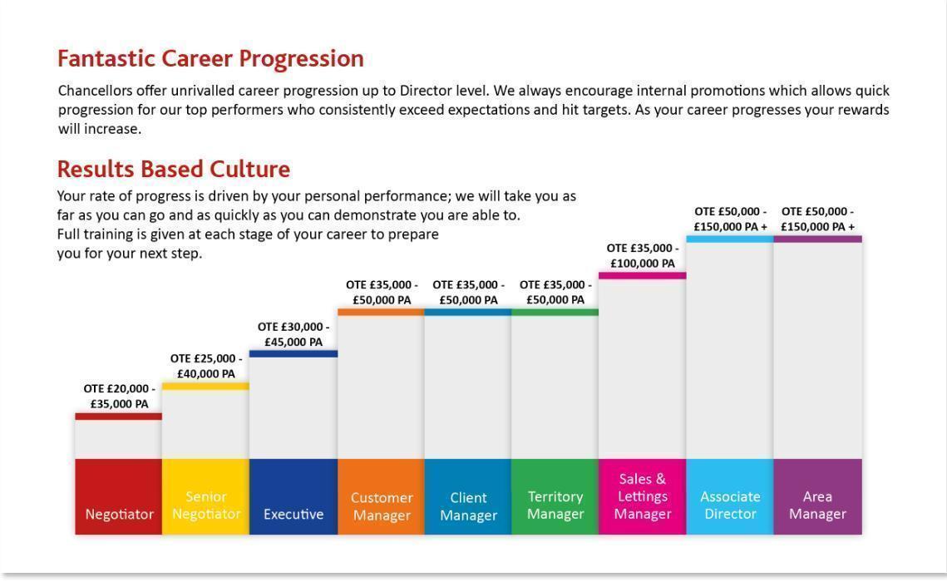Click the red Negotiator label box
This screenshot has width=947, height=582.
coord(119,496)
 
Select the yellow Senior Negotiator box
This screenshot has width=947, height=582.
coord(205,496)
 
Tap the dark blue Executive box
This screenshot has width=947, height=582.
coord(293,496)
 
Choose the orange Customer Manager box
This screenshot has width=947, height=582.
coord(382,496)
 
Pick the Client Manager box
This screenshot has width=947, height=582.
coord(468,496)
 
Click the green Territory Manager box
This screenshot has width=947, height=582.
coord(555,496)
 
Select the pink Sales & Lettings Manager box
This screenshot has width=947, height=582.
coord(643,496)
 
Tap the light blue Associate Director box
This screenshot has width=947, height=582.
coord(730,496)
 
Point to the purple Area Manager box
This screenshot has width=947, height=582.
coord(817,496)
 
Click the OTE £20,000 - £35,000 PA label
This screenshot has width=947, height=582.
coord(119,397)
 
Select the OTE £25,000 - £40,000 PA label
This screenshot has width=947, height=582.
coord(206,366)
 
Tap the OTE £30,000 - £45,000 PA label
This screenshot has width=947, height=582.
coord(293,334)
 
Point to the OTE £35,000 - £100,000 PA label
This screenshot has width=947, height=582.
coord(643,255)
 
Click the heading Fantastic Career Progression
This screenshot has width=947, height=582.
coord(210,58)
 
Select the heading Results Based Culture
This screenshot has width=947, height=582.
coord(173,169)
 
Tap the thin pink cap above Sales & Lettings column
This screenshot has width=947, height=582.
coord(643,275)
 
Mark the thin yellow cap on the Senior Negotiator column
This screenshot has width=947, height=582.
coord(205,386)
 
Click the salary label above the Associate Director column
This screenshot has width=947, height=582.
coord(731,219)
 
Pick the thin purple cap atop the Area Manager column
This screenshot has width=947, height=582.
coord(817,239)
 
